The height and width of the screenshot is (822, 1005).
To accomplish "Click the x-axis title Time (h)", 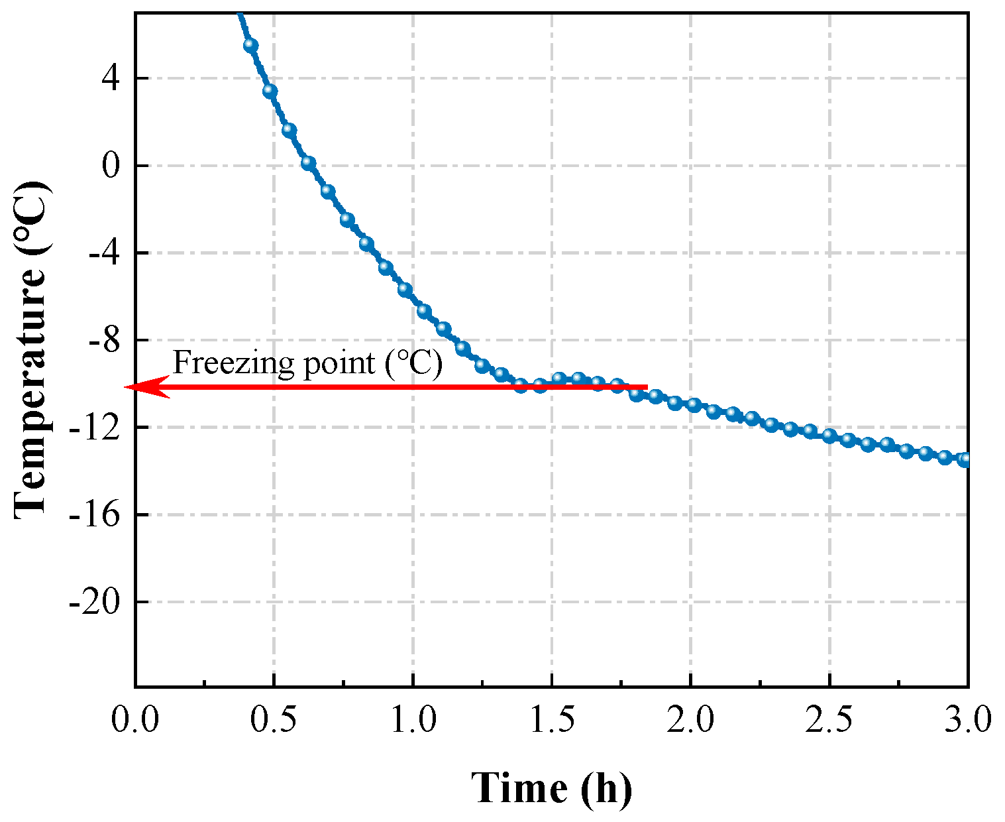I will tap(551, 788).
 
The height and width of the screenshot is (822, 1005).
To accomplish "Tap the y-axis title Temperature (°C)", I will tap(31, 348).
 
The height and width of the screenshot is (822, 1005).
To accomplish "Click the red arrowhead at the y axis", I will tap(147, 387).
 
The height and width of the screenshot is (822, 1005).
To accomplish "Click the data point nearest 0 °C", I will tap(308, 163).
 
